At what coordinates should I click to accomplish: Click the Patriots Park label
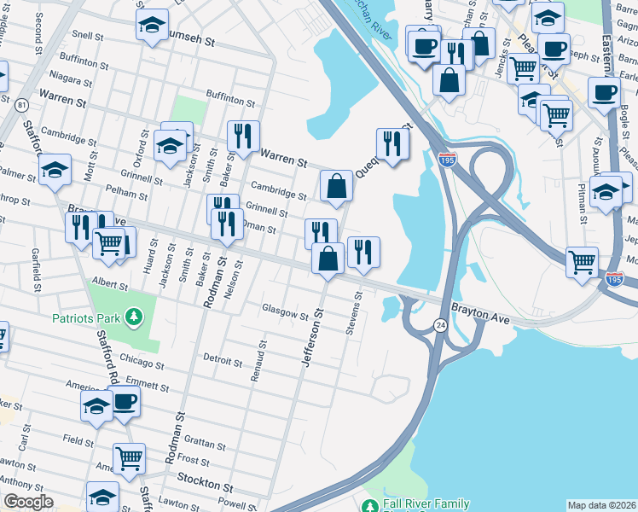tap(86, 318)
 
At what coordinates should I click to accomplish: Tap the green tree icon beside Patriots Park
tap(133, 318)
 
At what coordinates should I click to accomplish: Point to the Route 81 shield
tap(22, 104)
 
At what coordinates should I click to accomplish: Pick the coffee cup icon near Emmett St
tap(125, 400)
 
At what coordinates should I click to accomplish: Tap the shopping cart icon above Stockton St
tap(129, 457)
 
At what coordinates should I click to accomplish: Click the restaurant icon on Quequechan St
tap(392, 142)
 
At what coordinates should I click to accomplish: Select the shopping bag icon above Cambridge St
tap(337, 184)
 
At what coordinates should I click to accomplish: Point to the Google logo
tap(28, 502)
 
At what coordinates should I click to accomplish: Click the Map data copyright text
tap(601, 505)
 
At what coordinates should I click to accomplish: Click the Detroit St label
tap(223, 359)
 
